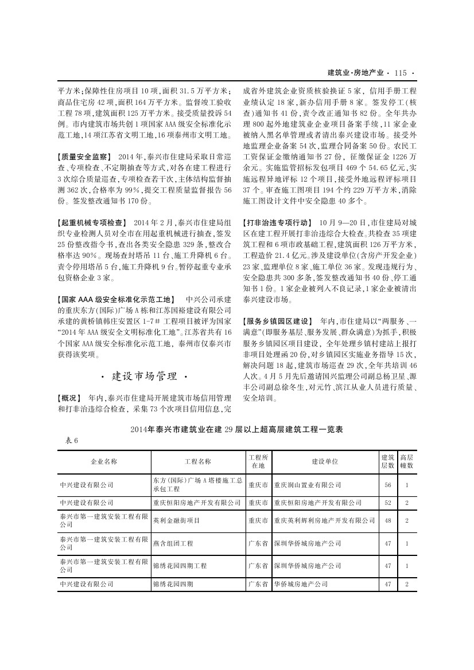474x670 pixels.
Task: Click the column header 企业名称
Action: click(104, 461)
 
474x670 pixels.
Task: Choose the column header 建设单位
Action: click(324, 461)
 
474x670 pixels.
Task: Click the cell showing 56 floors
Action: click(388, 485)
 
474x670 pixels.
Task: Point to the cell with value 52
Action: click(388, 503)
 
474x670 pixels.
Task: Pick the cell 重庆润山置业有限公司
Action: click(308, 485)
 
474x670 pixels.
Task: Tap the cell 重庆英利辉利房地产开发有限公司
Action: click(324, 520)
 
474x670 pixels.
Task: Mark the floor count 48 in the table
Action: click(388, 520)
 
